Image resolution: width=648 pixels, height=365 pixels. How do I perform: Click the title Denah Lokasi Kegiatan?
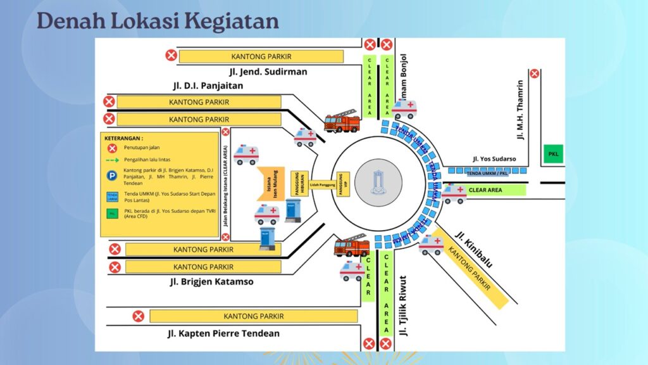point(158,21)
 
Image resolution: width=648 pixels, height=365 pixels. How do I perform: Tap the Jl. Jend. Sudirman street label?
point(268,72)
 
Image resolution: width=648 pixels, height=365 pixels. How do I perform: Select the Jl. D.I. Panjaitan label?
point(208,86)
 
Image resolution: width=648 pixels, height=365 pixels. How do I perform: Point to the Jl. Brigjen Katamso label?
point(211,281)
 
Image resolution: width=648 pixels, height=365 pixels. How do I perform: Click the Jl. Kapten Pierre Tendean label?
point(223,333)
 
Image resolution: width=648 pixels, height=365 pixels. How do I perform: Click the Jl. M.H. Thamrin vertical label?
point(520,109)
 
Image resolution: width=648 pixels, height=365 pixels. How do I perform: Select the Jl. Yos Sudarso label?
point(494,158)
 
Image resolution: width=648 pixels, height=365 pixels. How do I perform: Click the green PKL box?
point(554,154)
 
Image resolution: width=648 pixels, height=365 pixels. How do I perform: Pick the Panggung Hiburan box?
point(299,184)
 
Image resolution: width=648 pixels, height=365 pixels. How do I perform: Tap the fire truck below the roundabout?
point(351,245)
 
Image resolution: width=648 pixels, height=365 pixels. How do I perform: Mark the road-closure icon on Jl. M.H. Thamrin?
point(535,73)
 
